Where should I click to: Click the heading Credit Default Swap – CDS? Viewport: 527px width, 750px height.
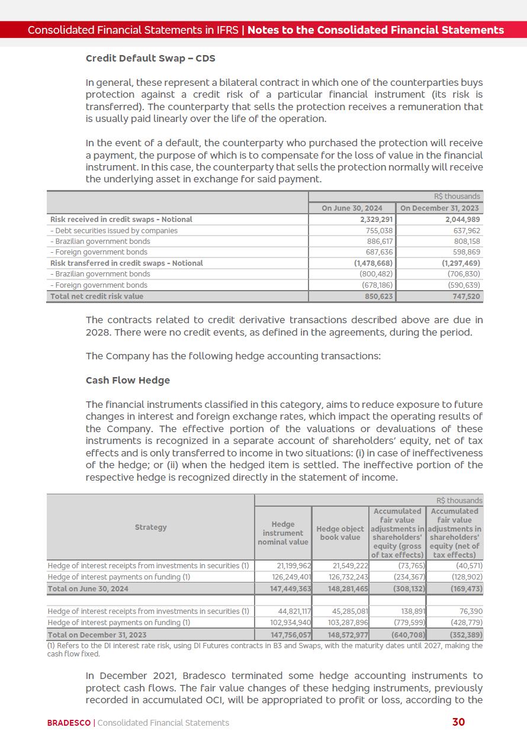click(x=150, y=59)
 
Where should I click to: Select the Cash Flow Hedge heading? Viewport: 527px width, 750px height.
click(x=127, y=380)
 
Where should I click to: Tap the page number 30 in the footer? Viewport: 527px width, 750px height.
click(x=458, y=722)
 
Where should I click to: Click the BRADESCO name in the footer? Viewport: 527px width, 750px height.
click(x=69, y=723)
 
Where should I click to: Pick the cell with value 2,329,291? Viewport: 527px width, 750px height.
click(x=373, y=220)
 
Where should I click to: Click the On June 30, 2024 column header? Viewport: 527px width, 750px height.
click(x=352, y=208)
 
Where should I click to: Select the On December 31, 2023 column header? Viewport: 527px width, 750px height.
click(x=440, y=208)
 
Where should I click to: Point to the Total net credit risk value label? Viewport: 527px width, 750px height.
click(x=97, y=297)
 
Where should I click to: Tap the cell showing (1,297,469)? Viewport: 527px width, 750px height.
click(x=461, y=263)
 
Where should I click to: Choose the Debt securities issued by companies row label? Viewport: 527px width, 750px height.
click(x=114, y=231)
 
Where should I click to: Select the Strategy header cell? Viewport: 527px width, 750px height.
click(x=150, y=527)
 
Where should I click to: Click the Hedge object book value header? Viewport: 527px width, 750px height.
click(x=340, y=533)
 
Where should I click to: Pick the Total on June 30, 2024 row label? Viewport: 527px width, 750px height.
click(x=88, y=589)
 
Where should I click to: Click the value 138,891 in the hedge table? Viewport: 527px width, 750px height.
click(x=409, y=611)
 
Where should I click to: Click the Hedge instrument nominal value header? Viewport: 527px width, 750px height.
click(x=282, y=533)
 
